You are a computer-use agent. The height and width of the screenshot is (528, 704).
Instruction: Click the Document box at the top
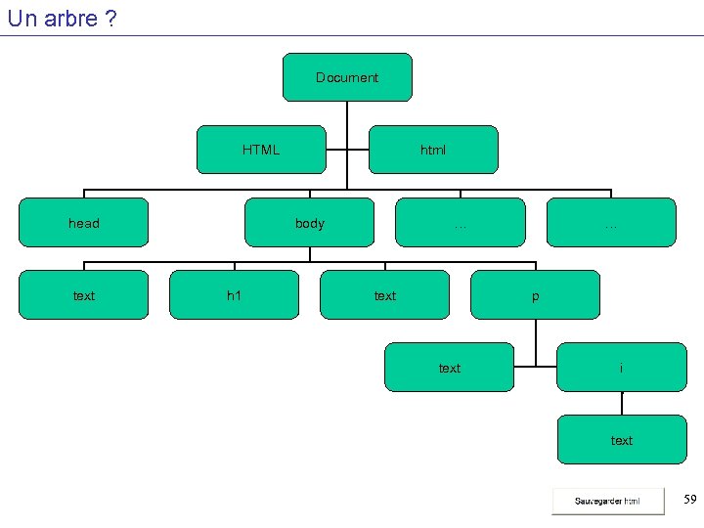347,77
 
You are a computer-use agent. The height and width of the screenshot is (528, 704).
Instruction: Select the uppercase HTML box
261,150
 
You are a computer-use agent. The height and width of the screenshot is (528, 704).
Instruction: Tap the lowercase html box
433,150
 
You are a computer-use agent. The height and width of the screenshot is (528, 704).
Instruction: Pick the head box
84,223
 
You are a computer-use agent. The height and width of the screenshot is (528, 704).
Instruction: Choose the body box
309,223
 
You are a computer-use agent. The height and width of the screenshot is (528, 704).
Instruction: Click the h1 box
234,295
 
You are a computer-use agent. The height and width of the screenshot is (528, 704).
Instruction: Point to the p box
535,295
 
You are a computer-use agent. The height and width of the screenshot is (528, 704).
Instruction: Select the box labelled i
622,368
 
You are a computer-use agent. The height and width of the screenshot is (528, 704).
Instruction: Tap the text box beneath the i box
622,440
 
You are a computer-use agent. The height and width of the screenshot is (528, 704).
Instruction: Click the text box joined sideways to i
449,368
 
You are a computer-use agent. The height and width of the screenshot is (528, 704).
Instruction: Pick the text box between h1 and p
385,295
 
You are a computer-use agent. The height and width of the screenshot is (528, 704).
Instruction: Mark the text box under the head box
84,295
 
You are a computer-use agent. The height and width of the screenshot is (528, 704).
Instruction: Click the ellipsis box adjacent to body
460,223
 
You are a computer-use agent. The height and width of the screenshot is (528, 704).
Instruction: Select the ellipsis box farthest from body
611,223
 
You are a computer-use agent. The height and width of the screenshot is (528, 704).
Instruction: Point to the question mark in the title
110,19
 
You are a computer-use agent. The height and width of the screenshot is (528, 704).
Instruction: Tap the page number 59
689,500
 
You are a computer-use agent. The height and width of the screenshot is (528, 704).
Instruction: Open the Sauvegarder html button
607,501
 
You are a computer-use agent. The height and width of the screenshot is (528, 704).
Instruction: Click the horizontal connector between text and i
535,368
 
